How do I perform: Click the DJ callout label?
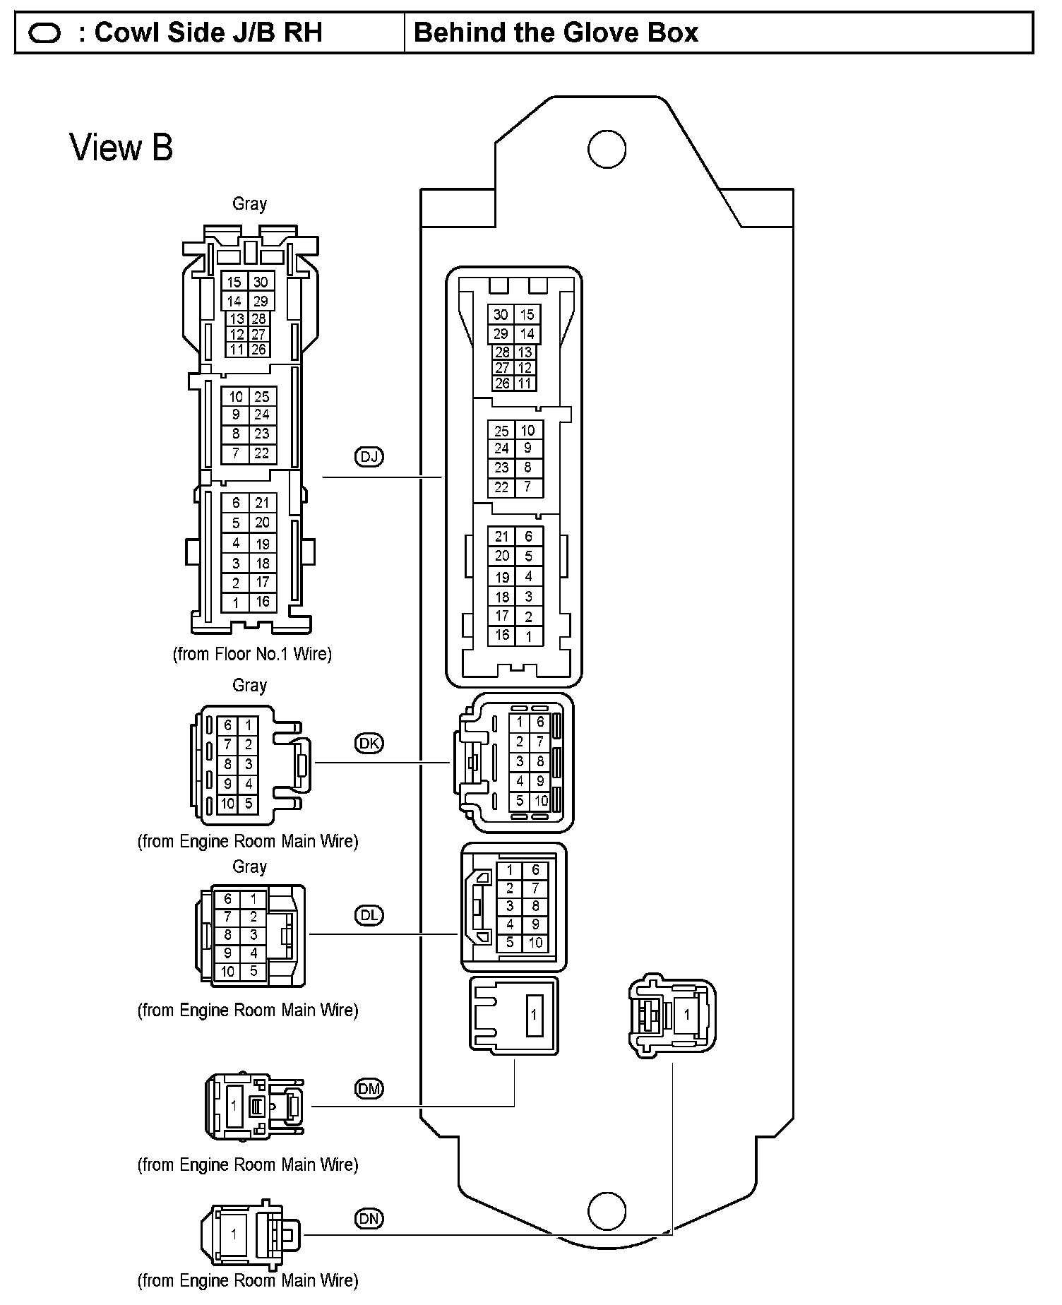(369, 457)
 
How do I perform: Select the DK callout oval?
(369, 743)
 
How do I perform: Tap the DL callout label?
(369, 915)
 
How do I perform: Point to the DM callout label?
(369, 1089)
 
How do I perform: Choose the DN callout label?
(369, 1218)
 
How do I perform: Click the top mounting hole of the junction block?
(607, 149)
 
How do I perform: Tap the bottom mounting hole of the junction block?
(607, 1211)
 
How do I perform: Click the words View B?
(121, 148)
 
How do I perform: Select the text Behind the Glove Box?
(556, 32)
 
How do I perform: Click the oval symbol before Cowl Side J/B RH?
(44, 33)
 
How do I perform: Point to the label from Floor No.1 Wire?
(252, 654)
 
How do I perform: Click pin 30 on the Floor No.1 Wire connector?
(261, 282)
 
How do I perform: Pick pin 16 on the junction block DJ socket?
(501, 635)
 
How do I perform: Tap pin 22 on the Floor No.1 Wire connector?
(261, 453)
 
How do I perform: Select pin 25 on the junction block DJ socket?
(501, 430)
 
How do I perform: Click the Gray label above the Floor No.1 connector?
(249, 203)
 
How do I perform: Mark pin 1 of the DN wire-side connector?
(234, 1234)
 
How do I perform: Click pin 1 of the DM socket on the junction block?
(534, 1014)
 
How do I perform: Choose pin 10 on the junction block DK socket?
(540, 801)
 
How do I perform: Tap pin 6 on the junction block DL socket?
(535, 871)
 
